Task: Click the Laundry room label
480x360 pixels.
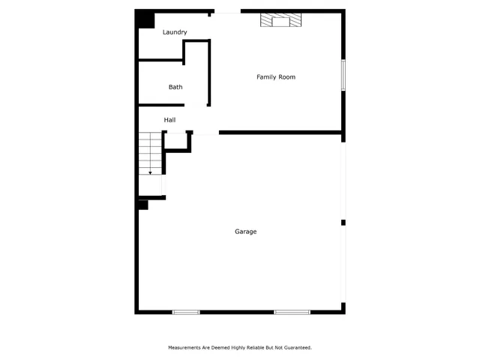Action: coord(175,32)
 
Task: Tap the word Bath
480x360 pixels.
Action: coord(175,87)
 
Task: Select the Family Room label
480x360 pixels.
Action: coord(276,77)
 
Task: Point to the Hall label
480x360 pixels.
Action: coord(170,120)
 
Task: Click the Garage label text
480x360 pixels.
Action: coord(246,232)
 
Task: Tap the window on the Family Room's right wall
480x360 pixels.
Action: coord(343,75)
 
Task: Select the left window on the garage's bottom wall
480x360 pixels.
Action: coord(186,311)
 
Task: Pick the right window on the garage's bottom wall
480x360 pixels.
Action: coord(292,311)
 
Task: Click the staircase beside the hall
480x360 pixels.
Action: coord(150,154)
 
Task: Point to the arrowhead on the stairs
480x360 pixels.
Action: coord(150,172)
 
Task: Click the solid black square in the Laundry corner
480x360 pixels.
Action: coord(143,19)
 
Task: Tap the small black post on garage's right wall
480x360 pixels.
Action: coord(343,222)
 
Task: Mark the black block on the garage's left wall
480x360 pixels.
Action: coord(142,203)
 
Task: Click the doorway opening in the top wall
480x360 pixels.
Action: coord(225,11)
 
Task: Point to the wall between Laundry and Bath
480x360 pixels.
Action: coord(160,60)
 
